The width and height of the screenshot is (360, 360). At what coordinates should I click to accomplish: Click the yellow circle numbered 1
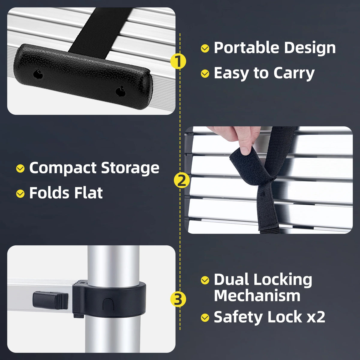click(x=178, y=61)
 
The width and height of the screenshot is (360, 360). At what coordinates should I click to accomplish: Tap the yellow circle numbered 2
click(x=181, y=181)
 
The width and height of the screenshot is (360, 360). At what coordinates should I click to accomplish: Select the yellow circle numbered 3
click(x=178, y=299)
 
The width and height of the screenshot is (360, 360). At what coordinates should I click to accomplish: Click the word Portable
click(x=246, y=48)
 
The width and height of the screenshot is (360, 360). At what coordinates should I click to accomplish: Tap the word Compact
click(x=63, y=168)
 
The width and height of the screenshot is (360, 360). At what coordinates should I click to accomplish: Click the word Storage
click(x=130, y=168)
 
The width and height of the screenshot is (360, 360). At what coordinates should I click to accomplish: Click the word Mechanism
click(x=257, y=295)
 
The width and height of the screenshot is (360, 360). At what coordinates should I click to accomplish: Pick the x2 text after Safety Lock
click(x=316, y=317)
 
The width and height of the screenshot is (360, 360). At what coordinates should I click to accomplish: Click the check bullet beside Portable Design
click(x=205, y=48)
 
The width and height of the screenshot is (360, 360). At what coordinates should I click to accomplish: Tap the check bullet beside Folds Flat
click(x=20, y=193)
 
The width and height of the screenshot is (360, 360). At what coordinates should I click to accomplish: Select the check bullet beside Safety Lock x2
click(x=205, y=317)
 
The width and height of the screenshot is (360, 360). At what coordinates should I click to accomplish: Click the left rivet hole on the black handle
click(x=38, y=74)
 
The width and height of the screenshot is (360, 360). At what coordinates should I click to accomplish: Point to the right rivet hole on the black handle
click(x=121, y=91)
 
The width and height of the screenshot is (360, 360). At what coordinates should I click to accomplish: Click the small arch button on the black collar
click(x=108, y=304)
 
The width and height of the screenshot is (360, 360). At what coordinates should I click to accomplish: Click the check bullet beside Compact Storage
click(x=20, y=169)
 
